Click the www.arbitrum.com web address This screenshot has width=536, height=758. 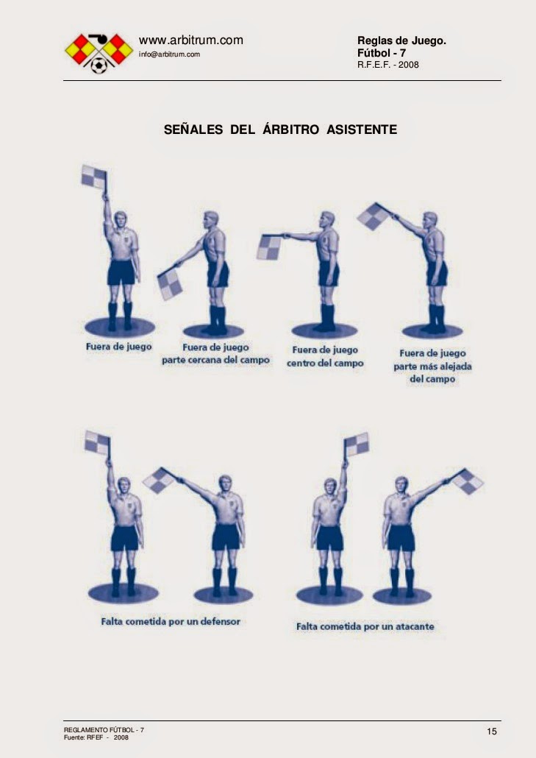(190, 40)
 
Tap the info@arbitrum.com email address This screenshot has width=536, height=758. (170, 54)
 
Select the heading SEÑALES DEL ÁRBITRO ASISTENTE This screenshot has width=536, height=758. (280, 130)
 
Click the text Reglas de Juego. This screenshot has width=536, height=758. (401, 40)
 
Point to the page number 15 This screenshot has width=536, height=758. (492, 731)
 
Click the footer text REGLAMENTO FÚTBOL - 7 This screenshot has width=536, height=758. (104, 729)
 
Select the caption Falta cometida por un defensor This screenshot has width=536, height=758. (171, 621)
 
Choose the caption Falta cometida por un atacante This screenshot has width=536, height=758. (365, 626)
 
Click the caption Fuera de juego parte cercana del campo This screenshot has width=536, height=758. (215, 354)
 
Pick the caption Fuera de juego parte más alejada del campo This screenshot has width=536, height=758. (432, 366)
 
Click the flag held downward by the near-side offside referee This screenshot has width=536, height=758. (170, 285)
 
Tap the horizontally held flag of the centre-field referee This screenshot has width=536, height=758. (269, 247)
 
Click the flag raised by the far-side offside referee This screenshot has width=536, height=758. (374, 216)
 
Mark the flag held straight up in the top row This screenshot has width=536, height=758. (93, 177)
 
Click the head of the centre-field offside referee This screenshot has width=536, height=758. (327, 219)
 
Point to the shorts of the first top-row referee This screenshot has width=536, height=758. (121, 272)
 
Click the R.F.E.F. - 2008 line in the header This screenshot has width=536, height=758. (388, 64)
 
